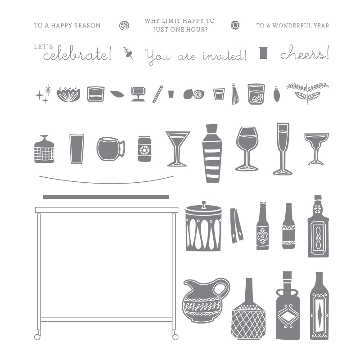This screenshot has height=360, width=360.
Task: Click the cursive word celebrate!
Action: [x=77, y=53]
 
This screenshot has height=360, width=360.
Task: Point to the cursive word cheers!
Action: [x=305, y=53]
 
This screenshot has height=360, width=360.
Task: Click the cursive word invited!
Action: [x=225, y=55]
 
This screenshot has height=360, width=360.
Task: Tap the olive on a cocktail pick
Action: [x=128, y=53]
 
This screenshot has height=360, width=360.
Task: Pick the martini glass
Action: [x=178, y=148]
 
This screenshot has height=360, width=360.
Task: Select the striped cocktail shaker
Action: [x=211, y=153]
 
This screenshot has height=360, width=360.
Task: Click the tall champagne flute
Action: [x=283, y=149]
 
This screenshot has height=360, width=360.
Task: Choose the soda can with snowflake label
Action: [x=144, y=149]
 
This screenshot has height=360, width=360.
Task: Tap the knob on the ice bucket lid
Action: [x=204, y=204]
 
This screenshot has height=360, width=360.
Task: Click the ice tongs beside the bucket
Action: [x=237, y=226]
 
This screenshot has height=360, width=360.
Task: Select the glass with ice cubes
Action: [x=256, y=94]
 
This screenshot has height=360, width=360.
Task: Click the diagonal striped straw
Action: [x=158, y=94]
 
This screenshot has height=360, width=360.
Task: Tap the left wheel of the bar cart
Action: [x=37, y=337]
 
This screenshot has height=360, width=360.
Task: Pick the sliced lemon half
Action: [x=198, y=94]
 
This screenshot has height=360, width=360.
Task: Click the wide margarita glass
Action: [x=316, y=149]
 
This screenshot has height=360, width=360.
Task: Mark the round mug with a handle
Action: [x=111, y=149]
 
